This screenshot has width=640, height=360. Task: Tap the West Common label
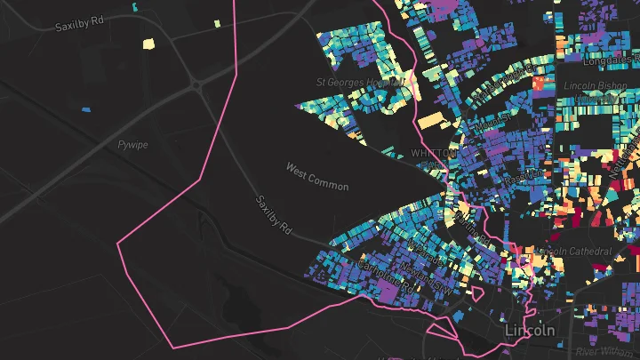pos(317,175)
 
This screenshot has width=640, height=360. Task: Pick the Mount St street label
pos(492,120)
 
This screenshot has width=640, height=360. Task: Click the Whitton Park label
pos(436,159)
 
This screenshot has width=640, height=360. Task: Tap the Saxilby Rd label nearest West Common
pos(274,215)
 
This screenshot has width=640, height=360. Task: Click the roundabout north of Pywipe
pos(197,85)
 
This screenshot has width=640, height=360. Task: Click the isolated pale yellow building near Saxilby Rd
pos(148,41)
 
